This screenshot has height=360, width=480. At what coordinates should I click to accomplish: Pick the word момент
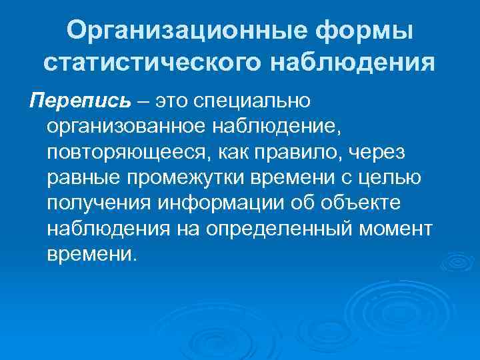[x=397, y=229]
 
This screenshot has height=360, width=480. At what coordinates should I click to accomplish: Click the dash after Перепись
[x=145, y=102]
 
